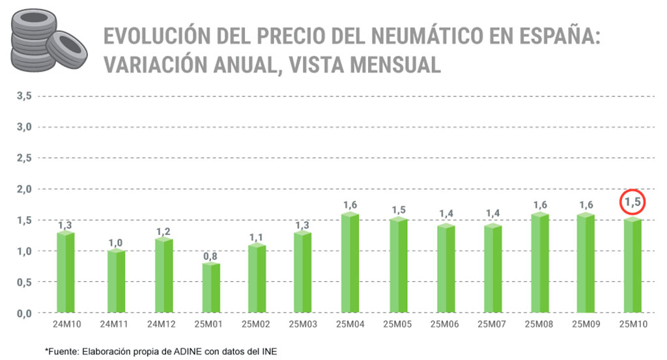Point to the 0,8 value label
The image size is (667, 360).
tap(210, 256)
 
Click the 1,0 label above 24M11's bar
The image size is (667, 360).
tap(115, 243)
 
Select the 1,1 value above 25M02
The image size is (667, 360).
tap(257, 238)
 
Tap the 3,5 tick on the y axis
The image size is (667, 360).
tap(23, 96)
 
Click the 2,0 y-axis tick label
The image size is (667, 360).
tap(23, 189)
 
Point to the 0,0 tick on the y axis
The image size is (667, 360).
tap(23, 313)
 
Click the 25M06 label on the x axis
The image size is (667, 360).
tap(445, 324)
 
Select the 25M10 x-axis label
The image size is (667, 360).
tap(632, 324)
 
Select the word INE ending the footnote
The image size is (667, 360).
tap(268, 352)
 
